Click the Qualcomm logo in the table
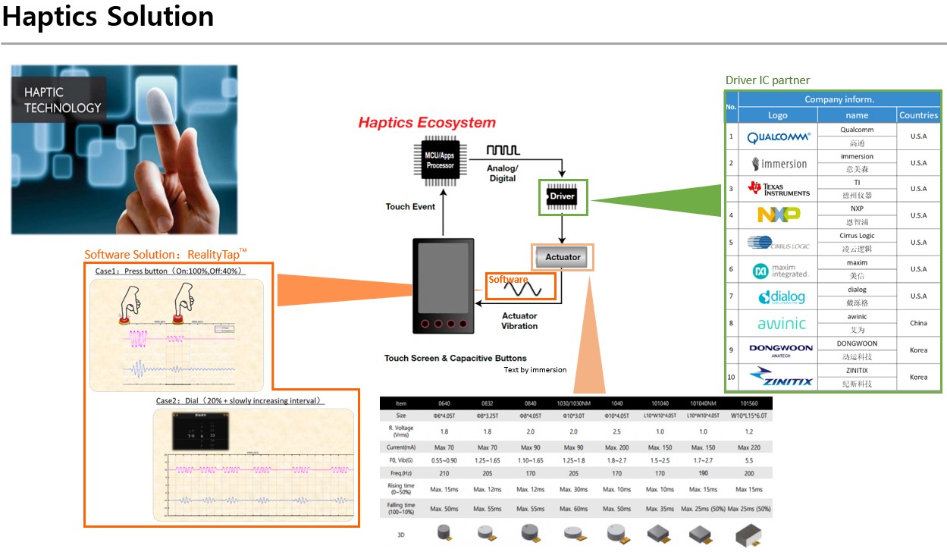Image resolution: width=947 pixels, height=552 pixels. pos(778,137)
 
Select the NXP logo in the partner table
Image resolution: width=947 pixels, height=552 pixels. pos(778,215)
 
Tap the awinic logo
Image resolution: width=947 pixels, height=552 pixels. pos(778,323)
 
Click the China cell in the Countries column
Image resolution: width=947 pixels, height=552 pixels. pos(918,323)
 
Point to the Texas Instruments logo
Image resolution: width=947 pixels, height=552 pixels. pos(778,188)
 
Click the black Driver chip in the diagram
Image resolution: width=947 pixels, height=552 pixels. pos(562,197)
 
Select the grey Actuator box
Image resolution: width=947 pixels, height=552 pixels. pos(563,257)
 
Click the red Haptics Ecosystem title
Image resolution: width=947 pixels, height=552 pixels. pos(427,123)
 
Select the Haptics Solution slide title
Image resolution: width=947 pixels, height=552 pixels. pos(108,17)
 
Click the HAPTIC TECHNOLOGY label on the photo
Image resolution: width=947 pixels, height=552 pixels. pos(62,100)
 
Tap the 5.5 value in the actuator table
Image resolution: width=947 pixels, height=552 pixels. pos(749,459)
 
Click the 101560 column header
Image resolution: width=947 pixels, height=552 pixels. pos(749,403)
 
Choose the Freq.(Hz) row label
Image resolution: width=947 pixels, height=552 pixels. pos(401,472)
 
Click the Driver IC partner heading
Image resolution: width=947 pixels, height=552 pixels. pos(767,80)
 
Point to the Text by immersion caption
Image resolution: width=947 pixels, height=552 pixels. pos(535,370)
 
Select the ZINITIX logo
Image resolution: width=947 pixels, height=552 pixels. pos(778,376)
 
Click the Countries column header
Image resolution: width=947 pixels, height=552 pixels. pos(918,115)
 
